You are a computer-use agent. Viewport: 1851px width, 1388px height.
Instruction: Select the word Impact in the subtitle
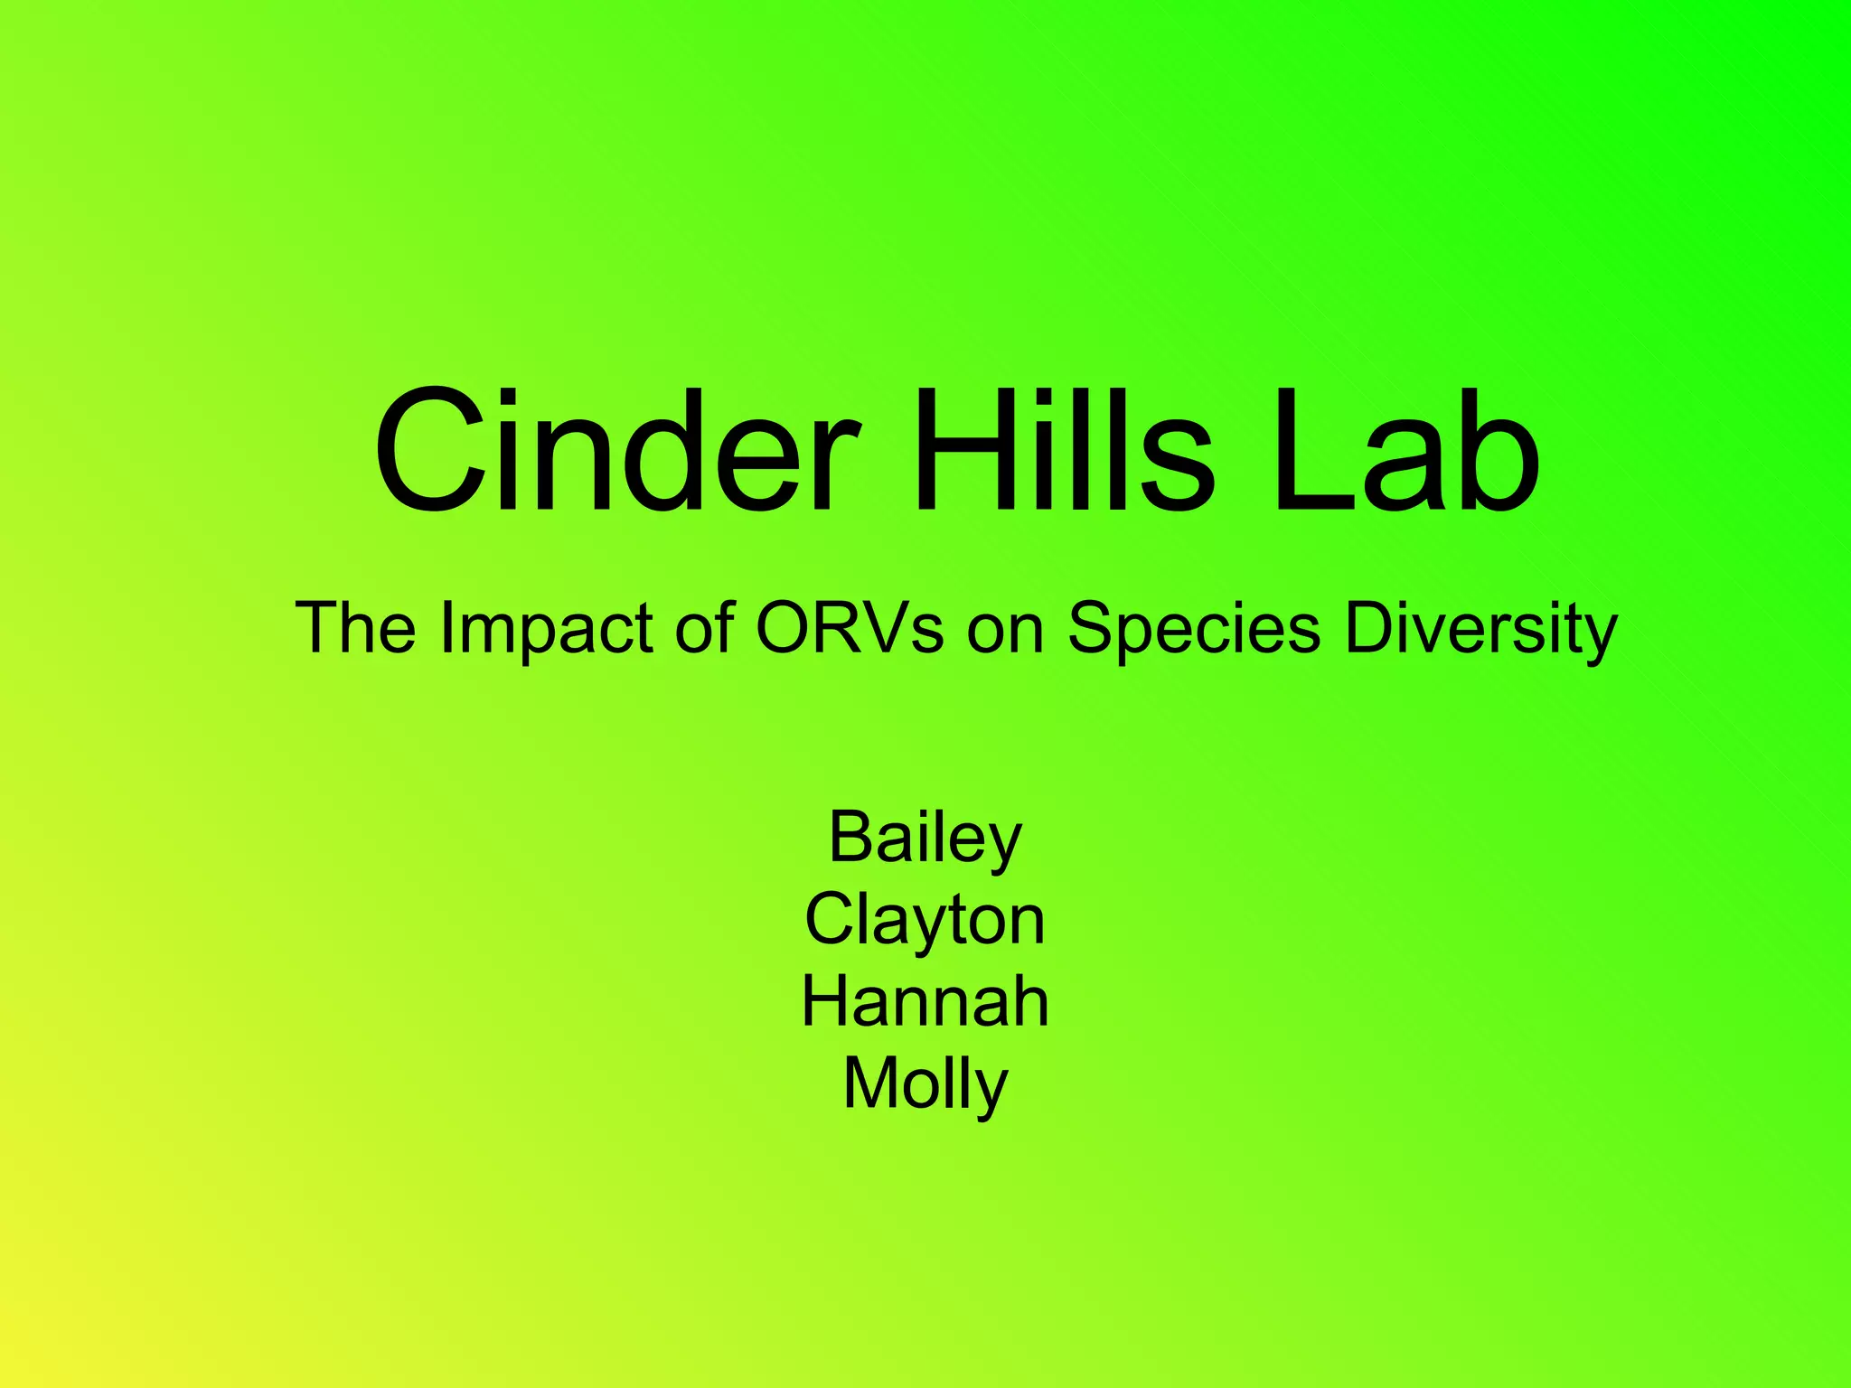(546, 627)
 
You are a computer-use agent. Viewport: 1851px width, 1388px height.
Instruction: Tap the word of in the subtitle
(705, 627)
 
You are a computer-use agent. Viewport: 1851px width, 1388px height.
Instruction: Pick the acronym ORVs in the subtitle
(850, 627)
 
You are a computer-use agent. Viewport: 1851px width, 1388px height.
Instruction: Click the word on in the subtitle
(1005, 627)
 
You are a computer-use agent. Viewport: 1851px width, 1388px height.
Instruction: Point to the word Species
(1193, 627)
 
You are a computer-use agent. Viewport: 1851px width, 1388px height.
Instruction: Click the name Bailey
(925, 838)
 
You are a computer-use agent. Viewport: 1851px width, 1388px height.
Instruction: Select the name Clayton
(925, 920)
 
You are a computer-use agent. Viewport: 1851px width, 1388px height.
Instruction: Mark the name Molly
(925, 1083)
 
